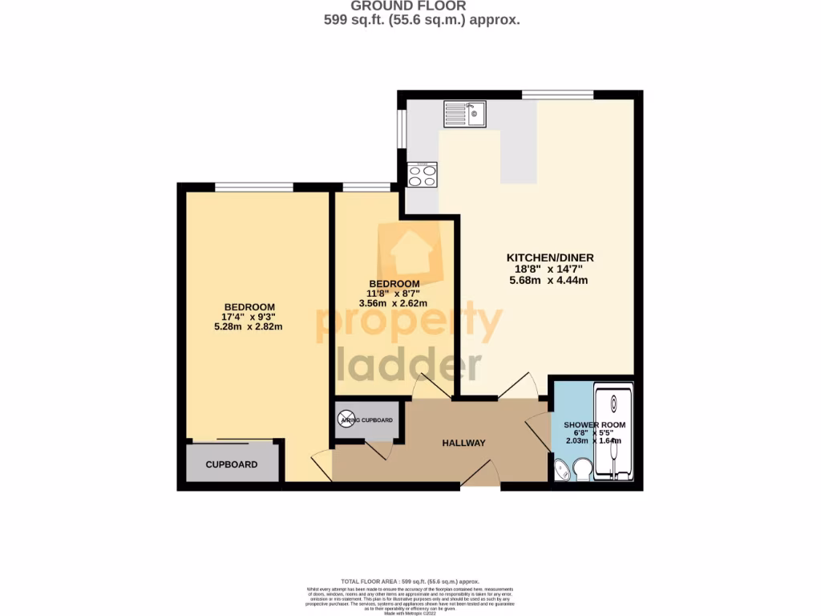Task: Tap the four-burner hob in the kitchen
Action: point(422,175)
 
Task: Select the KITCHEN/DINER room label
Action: point(549,257)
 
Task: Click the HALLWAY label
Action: point(464,443)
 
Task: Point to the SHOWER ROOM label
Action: point(594,424)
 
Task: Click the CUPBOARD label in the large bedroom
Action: point(232,464)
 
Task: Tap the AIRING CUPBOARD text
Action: point(366,420)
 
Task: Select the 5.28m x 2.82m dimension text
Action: point(249,326)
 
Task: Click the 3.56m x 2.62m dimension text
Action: point(394,303)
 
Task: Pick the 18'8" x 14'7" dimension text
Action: point(549,269)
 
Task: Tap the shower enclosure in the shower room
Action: point(613,433)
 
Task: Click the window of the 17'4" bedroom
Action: point(254,188)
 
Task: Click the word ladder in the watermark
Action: point(409,365)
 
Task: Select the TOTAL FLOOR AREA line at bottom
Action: point(410,581)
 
